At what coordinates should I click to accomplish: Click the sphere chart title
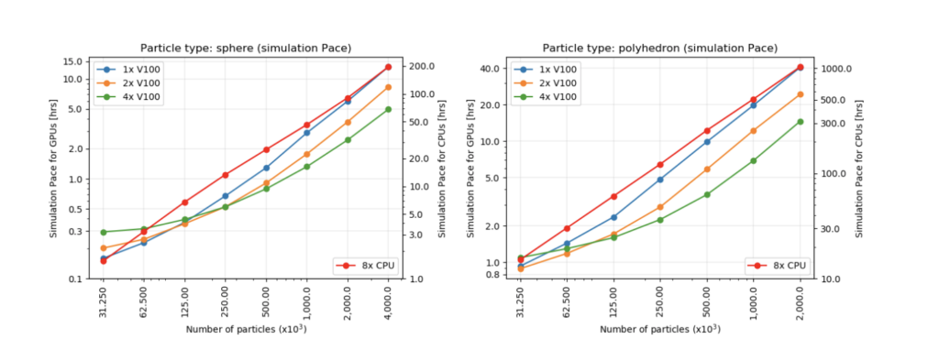[246, 48]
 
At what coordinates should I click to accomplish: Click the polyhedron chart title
[660, 48]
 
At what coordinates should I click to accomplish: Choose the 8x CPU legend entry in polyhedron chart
[781, 265]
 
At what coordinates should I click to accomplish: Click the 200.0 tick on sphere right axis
[420, 67]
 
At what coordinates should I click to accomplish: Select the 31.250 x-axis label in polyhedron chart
[520, 300]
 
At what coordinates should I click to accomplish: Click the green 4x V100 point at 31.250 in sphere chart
[104, 232]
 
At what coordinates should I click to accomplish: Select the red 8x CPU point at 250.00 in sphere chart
[225, 175]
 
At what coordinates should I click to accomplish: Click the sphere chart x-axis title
[246, 329]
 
